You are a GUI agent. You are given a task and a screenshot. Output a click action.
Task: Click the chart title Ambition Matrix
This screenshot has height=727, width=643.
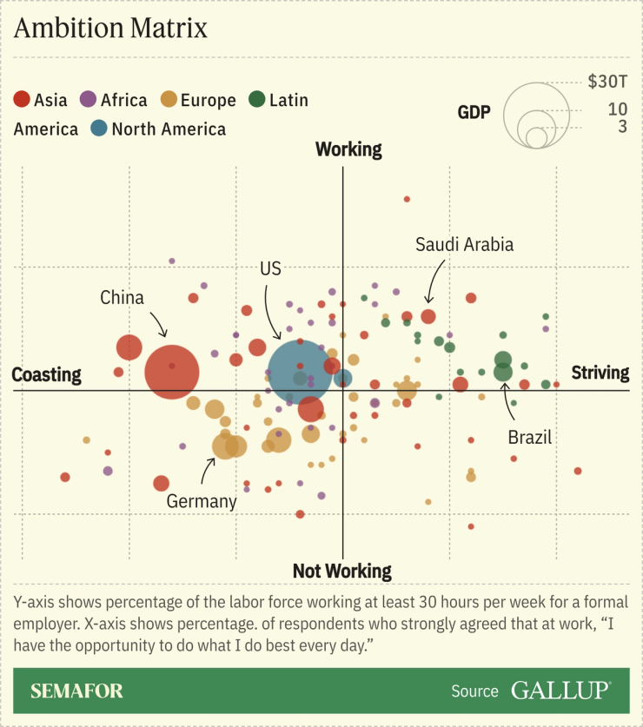(110, 28)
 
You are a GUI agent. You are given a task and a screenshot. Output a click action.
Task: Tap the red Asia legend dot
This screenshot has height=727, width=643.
(23, 100)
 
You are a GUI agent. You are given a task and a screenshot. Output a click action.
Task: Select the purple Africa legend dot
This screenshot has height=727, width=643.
(88, 100)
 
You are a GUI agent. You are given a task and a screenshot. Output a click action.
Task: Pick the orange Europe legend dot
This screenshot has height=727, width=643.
(169, 100)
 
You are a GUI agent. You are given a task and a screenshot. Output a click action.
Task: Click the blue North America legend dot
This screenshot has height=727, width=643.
(99, 129)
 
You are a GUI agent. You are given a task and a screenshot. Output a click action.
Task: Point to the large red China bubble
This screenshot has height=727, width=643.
(172, 372)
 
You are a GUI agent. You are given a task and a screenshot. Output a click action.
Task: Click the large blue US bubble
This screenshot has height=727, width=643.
(300, 372)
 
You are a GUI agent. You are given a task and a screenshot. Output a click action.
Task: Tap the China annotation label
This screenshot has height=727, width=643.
(122, 298)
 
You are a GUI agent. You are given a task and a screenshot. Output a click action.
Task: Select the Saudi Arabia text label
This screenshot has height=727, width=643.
(464, 244)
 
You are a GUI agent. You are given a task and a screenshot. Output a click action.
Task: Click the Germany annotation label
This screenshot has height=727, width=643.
(202, 501)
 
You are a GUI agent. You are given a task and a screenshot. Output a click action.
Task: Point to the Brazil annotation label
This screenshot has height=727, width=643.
(530, 437)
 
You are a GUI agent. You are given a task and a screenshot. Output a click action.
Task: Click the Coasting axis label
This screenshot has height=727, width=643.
(46, 375)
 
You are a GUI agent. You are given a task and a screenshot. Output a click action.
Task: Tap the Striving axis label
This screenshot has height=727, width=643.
(600, 373)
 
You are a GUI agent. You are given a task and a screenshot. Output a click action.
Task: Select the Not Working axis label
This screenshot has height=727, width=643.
(341, 571)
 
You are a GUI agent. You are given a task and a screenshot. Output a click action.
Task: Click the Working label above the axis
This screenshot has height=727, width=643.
(348, 149)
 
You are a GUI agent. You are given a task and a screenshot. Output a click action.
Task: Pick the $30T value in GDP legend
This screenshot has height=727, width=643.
(607, 83)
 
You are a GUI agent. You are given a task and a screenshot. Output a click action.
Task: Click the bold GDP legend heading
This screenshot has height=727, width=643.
(474, 112)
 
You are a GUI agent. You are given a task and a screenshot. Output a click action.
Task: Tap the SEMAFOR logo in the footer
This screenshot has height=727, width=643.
(76, 691)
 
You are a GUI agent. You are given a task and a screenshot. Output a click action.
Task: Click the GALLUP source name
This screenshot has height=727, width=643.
(560, 691)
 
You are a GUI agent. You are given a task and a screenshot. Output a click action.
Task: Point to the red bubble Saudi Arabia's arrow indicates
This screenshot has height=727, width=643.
(428, 317)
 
